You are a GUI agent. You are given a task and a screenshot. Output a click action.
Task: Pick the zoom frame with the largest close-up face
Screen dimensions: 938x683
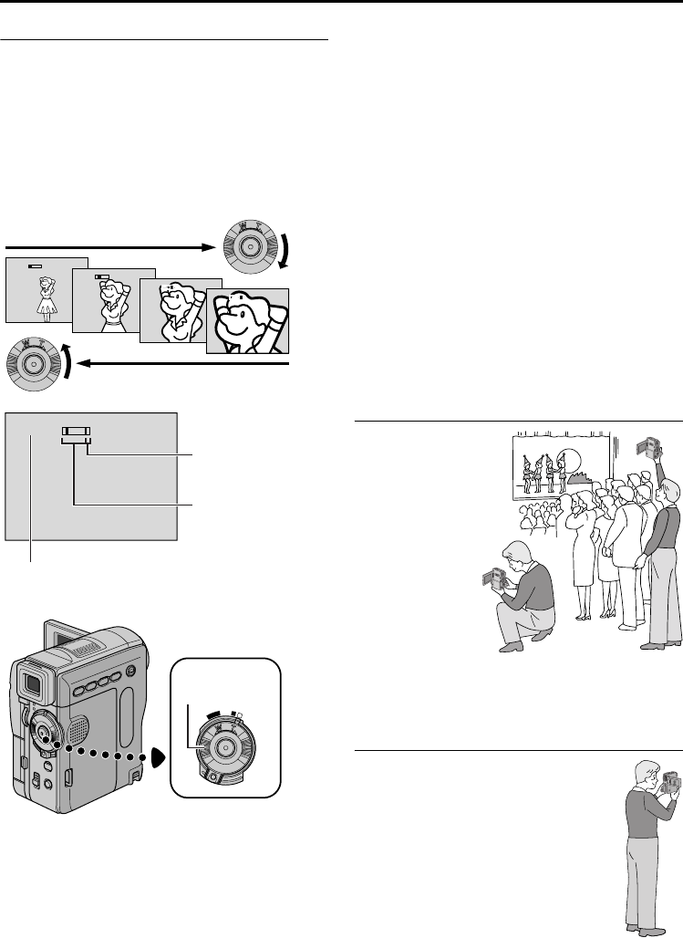(x=248, y=320)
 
